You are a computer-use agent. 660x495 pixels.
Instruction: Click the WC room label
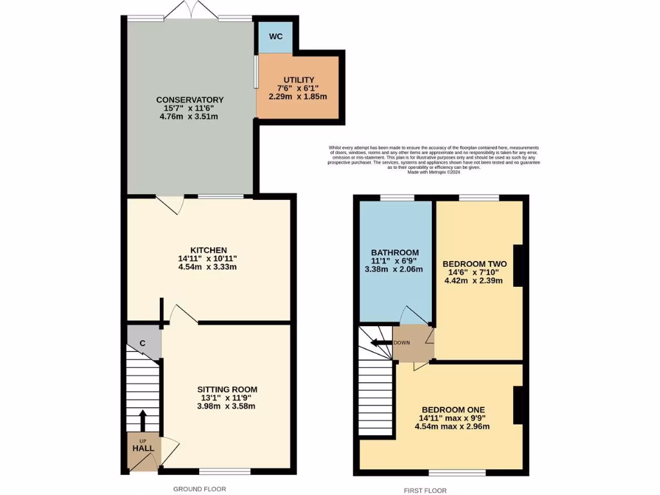coord(275,36)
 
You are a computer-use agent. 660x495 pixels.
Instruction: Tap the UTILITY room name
coord(298,79)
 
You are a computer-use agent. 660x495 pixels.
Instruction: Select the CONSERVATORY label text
coord(190,99)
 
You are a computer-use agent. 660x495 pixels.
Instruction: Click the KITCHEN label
coord(208,250)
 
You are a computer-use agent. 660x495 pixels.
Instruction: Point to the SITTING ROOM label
coord(228,389)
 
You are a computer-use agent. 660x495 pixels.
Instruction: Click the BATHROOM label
coord(395,252)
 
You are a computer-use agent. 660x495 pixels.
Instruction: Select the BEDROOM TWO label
coord(474,264)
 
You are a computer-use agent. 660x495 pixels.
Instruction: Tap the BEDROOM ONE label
coord(453,409)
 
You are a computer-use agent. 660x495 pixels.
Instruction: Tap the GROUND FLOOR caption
coord(200,489)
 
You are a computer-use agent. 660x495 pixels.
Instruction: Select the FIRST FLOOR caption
coord(425,490)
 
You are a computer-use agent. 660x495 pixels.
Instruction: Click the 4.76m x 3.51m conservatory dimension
coord(190,117)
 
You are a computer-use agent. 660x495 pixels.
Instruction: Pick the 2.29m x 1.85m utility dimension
coord(298,97)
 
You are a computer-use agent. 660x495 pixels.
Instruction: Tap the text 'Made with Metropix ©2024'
coord(434,172)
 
